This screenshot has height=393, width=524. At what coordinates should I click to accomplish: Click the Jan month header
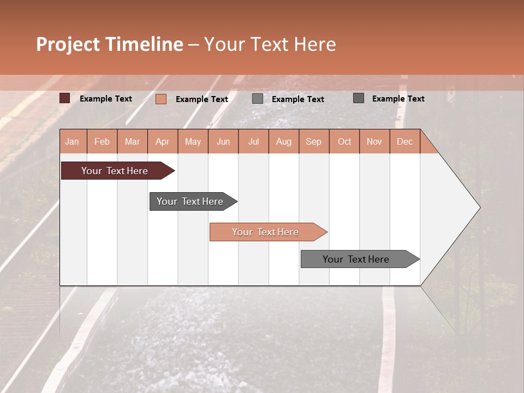click(73, 141)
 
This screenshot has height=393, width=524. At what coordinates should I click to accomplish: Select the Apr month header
click(163, 141)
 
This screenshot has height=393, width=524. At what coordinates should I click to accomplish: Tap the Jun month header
click(223, 141)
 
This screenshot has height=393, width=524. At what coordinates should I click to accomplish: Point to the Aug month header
click(284, 141)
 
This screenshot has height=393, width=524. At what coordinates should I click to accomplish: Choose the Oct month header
click(344, 141)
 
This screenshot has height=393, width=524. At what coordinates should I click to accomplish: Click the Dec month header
click(405, 141)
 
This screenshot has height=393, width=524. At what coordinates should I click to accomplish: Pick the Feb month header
click(102, 141)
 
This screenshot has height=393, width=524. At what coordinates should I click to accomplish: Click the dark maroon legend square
click(65, 98)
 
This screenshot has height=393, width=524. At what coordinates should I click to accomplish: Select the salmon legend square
click(161, 99)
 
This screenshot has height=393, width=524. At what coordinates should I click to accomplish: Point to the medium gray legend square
click(258, 99)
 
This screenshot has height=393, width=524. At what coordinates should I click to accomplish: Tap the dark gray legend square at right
click(359, 98)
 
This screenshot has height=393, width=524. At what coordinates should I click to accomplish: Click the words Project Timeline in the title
click(110, 44)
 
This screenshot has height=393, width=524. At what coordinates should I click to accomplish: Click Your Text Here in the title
click(270, 44)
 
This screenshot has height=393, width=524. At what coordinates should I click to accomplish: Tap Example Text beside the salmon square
click(202, 99)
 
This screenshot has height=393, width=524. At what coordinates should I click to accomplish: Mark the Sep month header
click(314, 141)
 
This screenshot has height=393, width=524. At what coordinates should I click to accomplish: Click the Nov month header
click(374, 141)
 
